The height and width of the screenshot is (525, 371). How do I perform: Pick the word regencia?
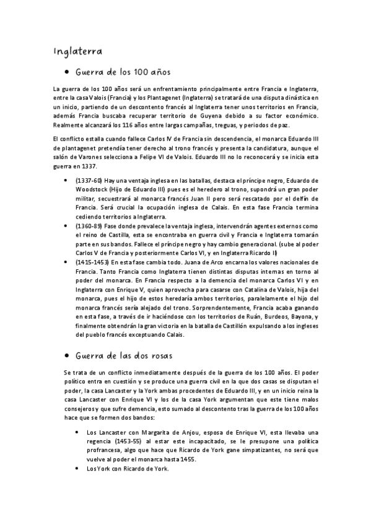tap(100, 441)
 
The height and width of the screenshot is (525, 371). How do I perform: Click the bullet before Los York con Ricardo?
tap(76, 468)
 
